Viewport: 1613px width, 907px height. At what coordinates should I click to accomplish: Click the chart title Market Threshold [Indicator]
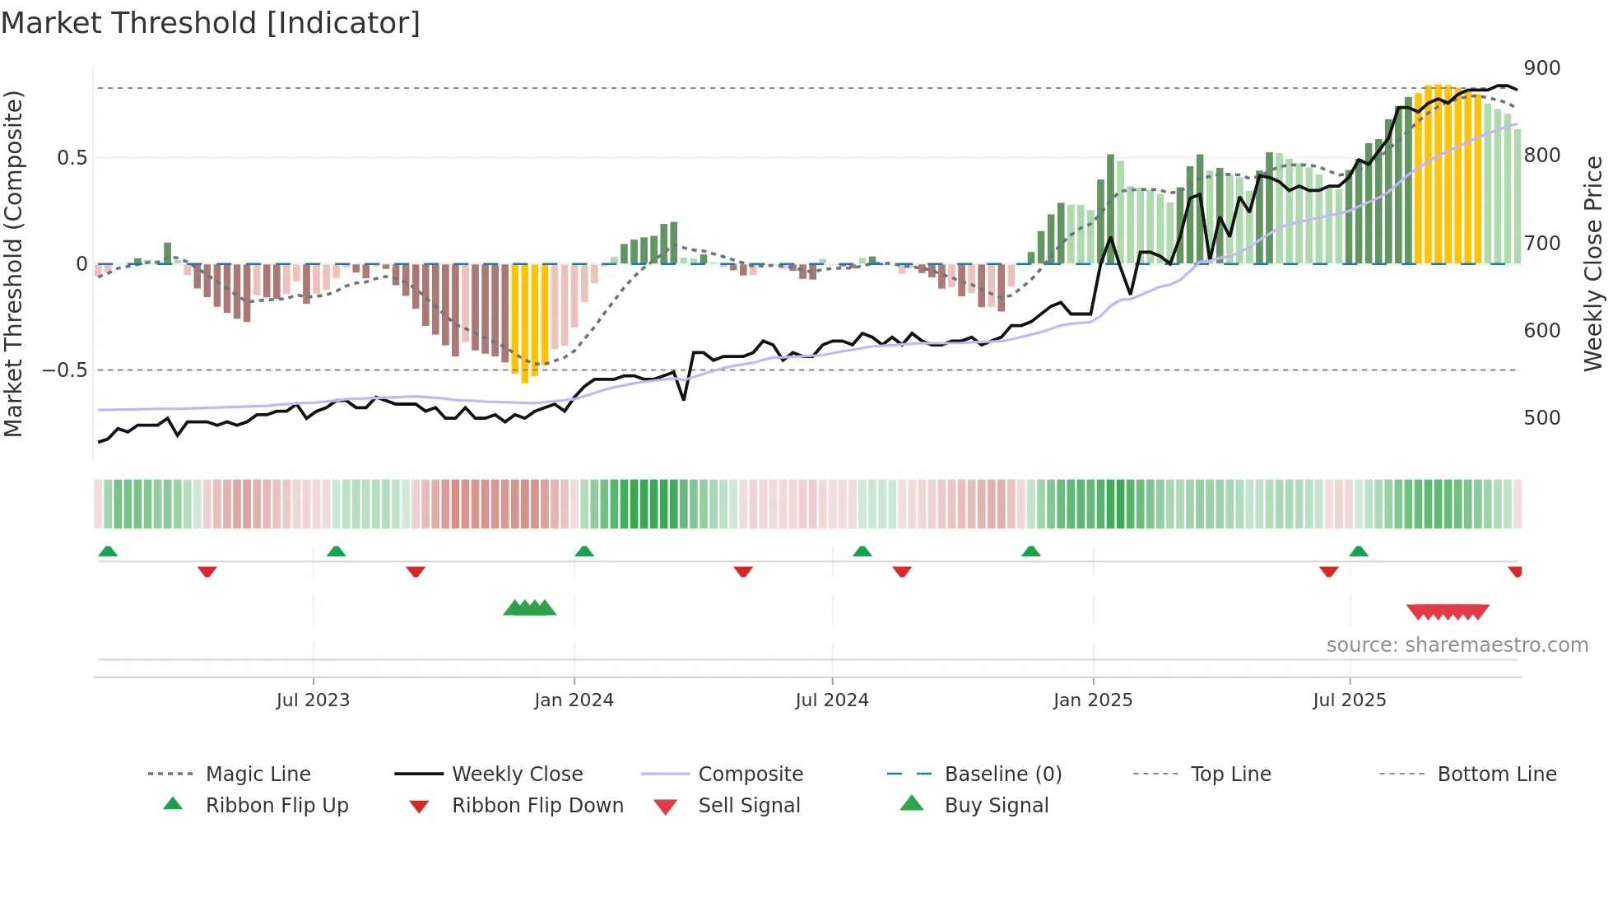click(211, 23)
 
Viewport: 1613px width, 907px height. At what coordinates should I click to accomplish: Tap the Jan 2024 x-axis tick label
click(574, 700)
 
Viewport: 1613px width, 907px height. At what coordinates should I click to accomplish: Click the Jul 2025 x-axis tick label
click(1349, 700)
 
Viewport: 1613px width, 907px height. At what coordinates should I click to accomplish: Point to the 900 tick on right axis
click(1541, 68)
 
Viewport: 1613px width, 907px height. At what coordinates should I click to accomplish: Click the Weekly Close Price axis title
click(1593, 263)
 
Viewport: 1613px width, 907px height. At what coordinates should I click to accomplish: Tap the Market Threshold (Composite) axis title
click(13, 263)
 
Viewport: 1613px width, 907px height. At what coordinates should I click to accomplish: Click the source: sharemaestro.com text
click(1457, 645)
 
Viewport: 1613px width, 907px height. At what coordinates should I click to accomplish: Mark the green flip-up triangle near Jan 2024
click(584, 551)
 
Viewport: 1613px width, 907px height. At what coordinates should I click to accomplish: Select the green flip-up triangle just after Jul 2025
click(1359, 551)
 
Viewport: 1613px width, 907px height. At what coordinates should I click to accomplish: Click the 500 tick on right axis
click(1541, 418)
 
